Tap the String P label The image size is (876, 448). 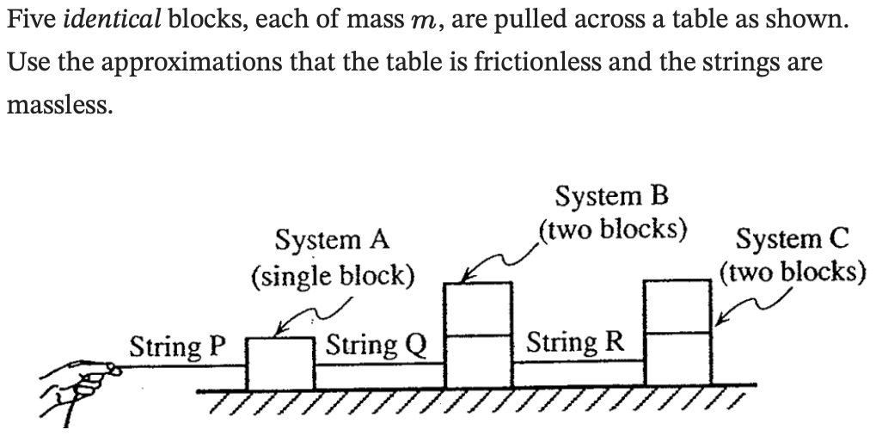click(176, 347)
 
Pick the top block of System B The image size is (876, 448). click(478, 308)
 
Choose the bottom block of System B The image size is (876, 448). click(478, 360)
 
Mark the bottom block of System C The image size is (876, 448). click(679, 359)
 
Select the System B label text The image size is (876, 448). click(611, 197)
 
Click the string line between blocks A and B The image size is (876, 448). click(379, 365)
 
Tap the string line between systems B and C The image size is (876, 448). click(579, 362)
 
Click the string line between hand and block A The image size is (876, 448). click(181, 367)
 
